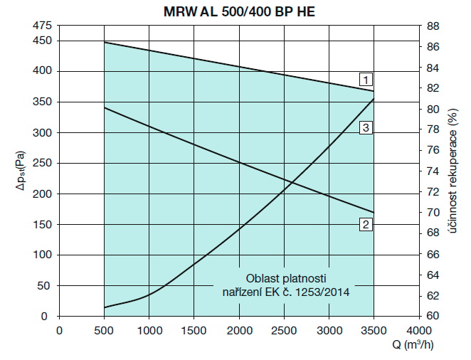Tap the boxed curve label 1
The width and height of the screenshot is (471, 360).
(364, 78)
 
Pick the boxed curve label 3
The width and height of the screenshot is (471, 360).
(364, 128)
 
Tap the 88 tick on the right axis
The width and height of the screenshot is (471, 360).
(433, 26)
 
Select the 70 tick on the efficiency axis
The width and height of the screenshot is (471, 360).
(433, 213)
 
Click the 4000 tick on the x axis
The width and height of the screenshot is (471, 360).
(418, 329)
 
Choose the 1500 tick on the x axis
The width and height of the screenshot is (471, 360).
(194, 329)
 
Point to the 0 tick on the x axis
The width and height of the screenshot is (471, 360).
(59, 329)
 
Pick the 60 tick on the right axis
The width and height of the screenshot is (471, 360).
(433, 316)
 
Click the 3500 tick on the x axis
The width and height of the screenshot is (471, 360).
(374, 329)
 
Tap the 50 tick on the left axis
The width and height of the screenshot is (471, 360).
(45, 285)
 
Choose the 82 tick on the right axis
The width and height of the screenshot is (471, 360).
(433, 88)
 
